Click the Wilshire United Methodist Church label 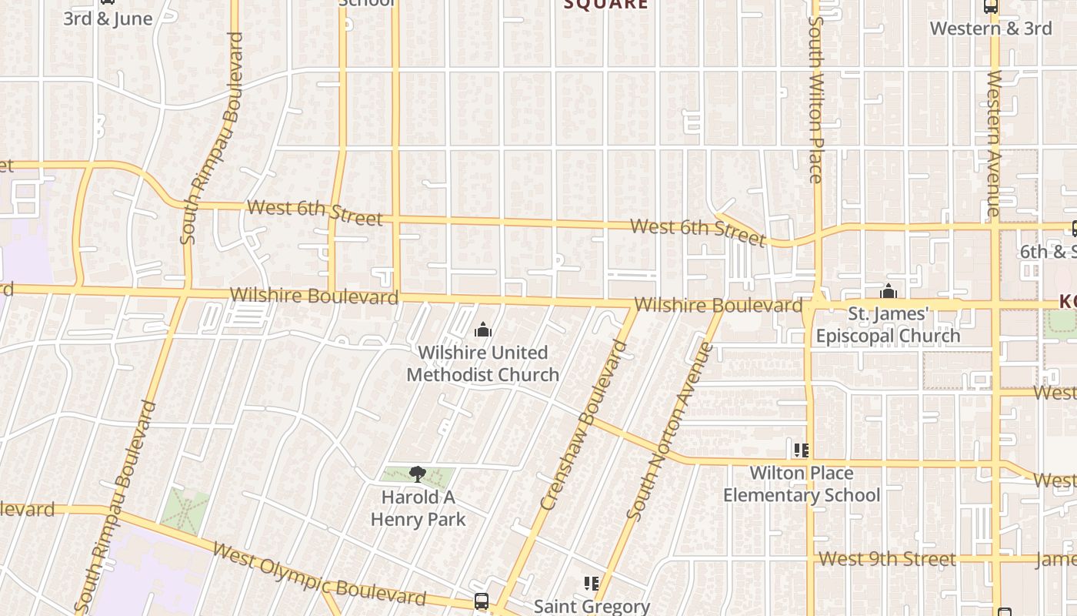[483, 363]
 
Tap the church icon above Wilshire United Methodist [483, 330]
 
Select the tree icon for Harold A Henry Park [418, 474]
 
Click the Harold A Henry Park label [418, 508]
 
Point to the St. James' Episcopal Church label [889, 325]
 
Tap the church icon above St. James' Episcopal [889, 292]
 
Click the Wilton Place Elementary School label [801, 484]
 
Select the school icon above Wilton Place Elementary [801, 450]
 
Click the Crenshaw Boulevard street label [583, 425]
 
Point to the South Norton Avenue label [669, 431]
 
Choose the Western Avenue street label [994, 142]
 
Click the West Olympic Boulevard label [318, 574]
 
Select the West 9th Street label [887, 559]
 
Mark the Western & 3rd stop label [991, 28]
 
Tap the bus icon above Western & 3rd [991, 7]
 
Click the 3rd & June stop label [108, 18]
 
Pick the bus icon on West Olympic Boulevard [482, 601]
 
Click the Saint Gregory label [592, 607]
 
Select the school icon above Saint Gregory [592, 584]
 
